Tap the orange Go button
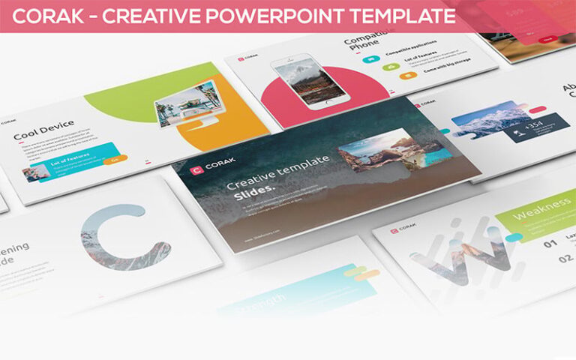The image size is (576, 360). pyautogui.click(x=115, y=159)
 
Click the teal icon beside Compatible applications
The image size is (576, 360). pyautogui.click(x=373, y=53)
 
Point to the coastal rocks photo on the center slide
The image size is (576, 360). pyautogui.click(x=375, y=151)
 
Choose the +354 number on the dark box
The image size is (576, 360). pyautogui.click(x=532, y=126)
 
